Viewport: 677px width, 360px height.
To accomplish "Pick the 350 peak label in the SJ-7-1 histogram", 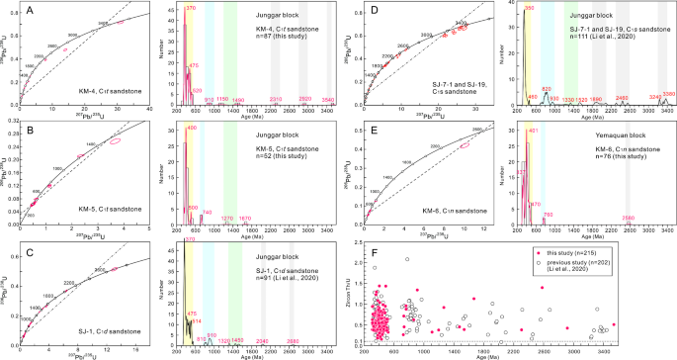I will (x=529, y=8).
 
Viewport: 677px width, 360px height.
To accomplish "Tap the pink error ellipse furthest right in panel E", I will (x=464, y=146).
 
